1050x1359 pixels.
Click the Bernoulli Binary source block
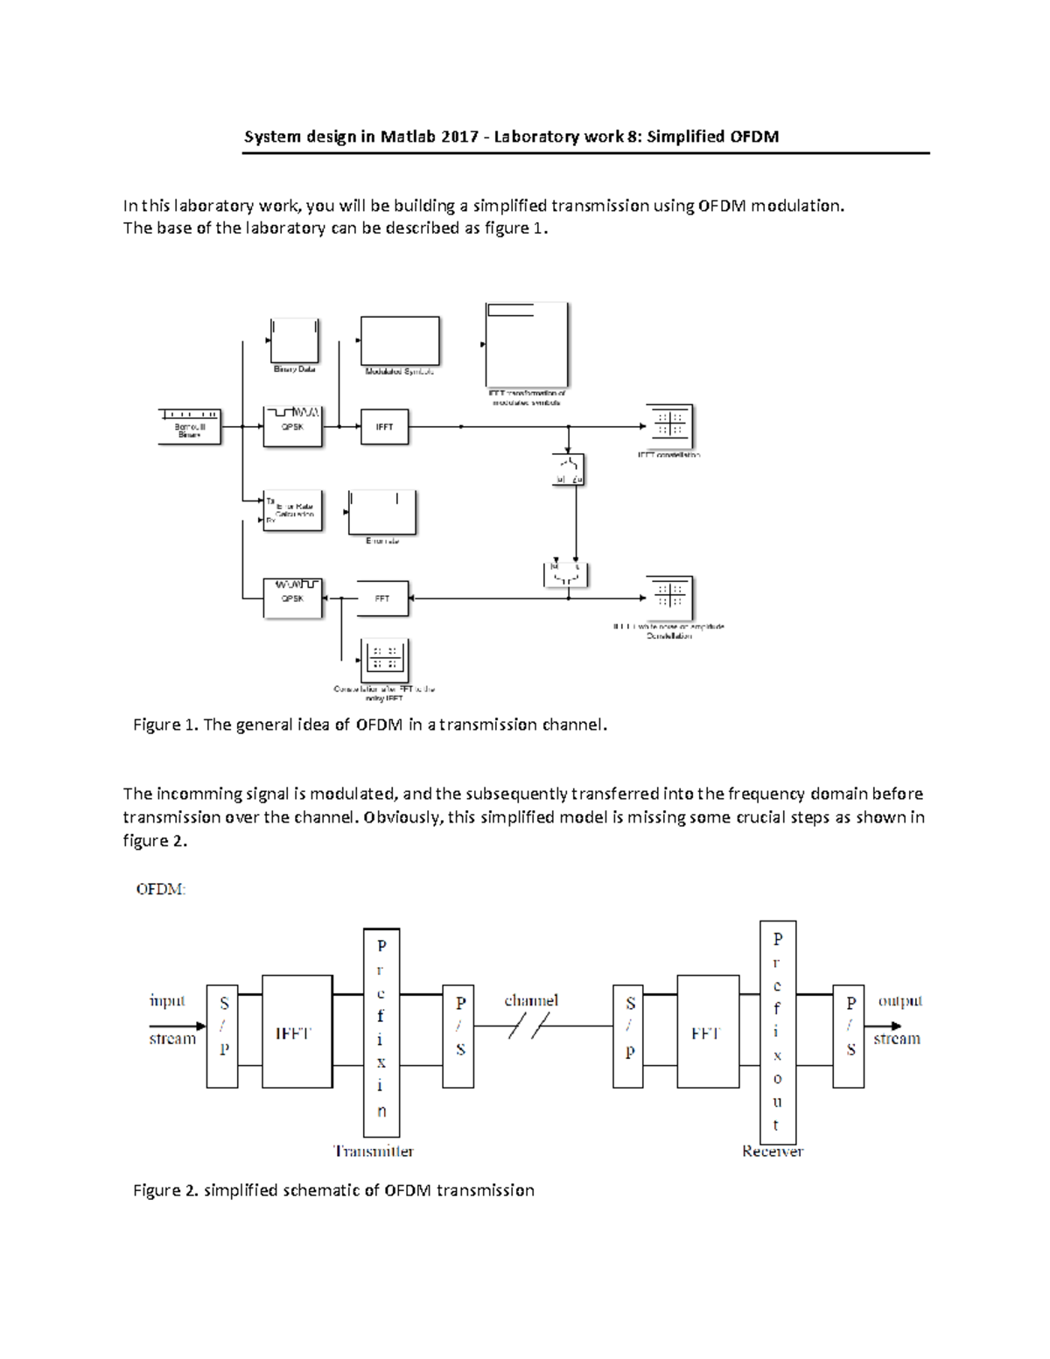point(189,426)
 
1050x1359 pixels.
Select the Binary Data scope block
point(294,340)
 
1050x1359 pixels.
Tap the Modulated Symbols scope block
point(400,340)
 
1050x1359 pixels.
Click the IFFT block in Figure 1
point(384,427)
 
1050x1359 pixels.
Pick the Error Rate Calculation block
point(293,511)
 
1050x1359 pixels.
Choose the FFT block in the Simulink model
point(383,599)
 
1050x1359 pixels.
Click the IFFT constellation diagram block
point(669,426)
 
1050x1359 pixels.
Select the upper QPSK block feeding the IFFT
point(293,426)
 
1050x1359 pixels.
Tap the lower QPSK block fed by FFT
point(293,598)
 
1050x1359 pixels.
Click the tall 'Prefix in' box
point(381,1032)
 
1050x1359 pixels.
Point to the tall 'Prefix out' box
point(778,1031)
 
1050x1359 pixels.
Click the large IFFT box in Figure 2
point(297,1032)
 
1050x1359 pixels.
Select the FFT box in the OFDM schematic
point(707,1032)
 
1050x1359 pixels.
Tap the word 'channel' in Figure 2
point(531,1000)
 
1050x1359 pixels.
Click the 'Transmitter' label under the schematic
point(374,1151)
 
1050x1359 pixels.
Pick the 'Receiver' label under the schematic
point(773,1151)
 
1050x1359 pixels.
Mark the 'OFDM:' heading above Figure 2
point(161,889)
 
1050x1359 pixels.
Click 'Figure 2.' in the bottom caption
point(165,1190)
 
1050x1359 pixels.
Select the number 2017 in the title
point(459,137)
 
